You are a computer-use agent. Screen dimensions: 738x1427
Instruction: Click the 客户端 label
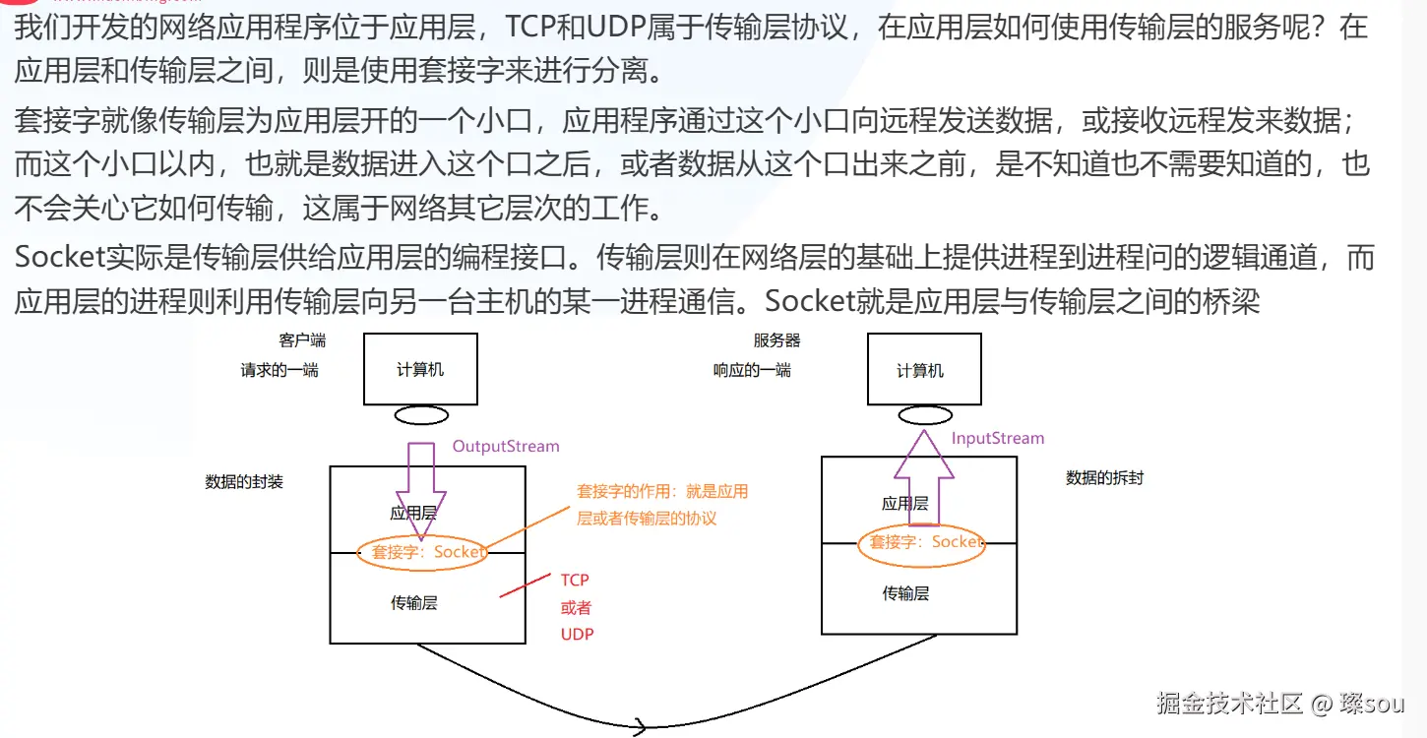pyautogui.click(x=302, y=340)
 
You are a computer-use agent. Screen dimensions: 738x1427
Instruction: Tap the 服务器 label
pyautogui.click(x=777, y=340)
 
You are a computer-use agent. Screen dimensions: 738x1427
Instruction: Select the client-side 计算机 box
pyautogui.click(x=420, y=369)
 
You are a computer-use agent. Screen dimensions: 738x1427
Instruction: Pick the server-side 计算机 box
pyautogui.click(x=924, y=369)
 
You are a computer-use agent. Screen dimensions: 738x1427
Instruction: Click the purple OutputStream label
pyautogui.click(x=506, y=446)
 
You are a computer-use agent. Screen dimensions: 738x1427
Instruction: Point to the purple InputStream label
pyautogui.click(x=998, y=438)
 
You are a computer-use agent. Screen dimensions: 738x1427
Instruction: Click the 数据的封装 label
pyautogui.click(x=244, y=482)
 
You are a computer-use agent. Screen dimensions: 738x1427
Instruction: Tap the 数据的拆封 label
pyautogui.click(x=1105, y=478)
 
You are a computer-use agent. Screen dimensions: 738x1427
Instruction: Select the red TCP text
pyautogui.click(x=575, y=581)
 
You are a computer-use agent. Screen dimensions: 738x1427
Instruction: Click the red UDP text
pyautogui.click(x=578, y=634)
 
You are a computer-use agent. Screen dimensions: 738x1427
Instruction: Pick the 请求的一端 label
pyautogui.click(x=279, y=371)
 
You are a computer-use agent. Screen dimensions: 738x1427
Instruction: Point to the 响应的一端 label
pyautogui.click(x=752, y=371)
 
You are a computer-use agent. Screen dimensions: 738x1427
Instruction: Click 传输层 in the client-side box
pyautogui.click(x=413, y=602)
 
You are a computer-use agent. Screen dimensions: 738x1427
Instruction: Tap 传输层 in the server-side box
pyautogui.click(x=905, y=593)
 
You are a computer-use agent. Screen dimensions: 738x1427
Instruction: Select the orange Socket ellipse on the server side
pyautogui.click(x=922, y=543)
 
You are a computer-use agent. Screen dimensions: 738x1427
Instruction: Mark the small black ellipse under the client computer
pyautogui.click(x=421, y=415)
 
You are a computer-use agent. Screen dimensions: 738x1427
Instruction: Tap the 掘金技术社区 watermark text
pyautogui.click(x=1230, y=703)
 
